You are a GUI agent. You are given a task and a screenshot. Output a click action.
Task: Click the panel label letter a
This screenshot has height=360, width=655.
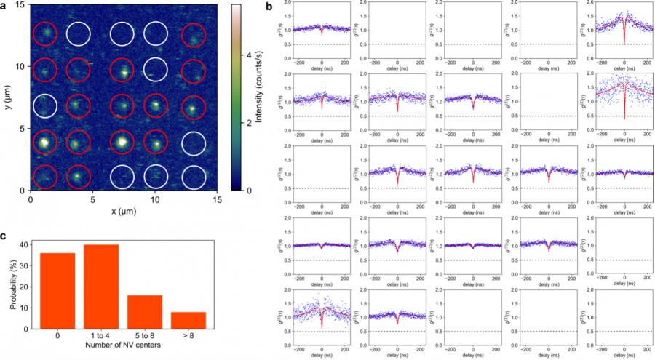pyautogui.click(x=4, y=7)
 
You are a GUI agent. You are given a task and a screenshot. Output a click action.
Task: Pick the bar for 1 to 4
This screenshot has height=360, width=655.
pyautogui.click(x=101, y=287)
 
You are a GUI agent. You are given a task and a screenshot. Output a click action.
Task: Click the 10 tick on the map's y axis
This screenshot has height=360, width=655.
pyautogui.click(x=22, y=66)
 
